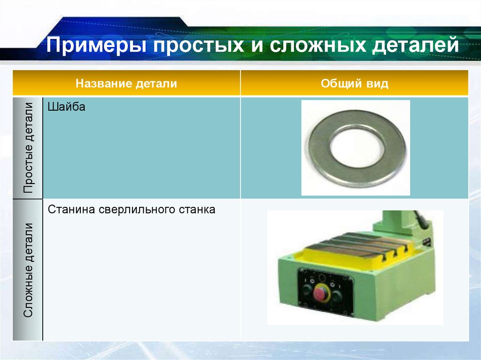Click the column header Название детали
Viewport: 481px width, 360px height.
[127, 84]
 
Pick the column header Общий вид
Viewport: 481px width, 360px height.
[355, 84]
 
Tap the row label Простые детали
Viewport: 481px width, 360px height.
[29, 147]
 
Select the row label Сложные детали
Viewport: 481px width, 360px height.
[29, 270]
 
